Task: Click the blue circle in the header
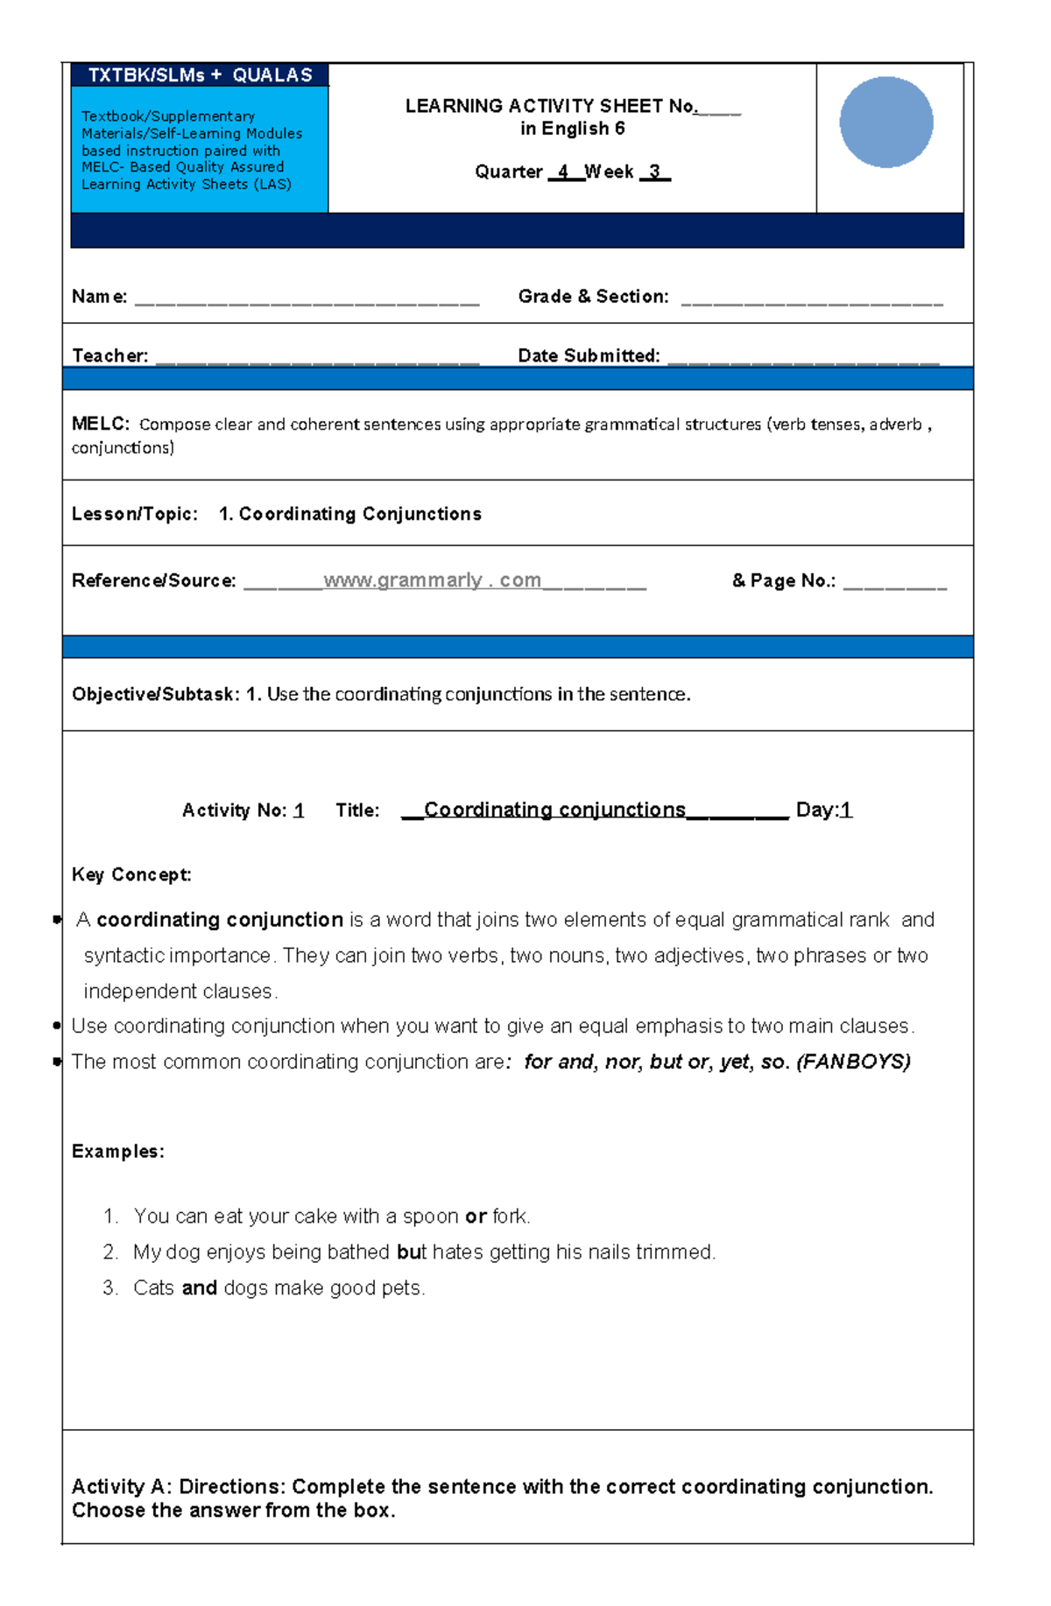pos(885,123)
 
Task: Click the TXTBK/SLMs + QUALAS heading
pos(200,75)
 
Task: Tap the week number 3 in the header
pos(654,172)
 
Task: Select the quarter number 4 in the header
pos(563,172)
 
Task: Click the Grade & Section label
pos(593,297)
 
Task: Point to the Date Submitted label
pos(589,356)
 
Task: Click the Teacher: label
pos(109,356)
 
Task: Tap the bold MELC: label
pos(100,424)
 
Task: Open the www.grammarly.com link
pos(432,580)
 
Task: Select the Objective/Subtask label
pos(155,694)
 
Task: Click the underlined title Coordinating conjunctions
pos(554,810)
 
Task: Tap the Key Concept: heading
pos(131,874)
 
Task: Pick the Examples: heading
pos(117,1151)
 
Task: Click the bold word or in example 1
pos(476,1217)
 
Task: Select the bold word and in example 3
pos(199,1288)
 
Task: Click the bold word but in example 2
pos(411,1252)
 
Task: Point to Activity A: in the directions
pos(122,1486)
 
